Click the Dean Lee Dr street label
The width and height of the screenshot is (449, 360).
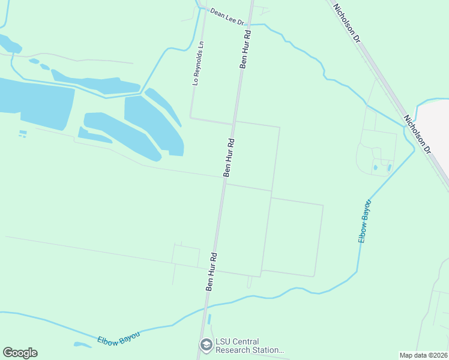[x=227, y=17]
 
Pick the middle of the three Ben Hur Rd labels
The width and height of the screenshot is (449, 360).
[x=229, y=158]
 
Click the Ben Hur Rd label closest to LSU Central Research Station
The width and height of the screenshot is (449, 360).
[x=211, y=271]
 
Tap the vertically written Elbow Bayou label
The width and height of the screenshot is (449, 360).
[x=364, y=221]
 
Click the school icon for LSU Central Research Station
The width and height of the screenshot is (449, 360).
[x=206, y=345]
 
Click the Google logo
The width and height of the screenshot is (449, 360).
[x=20, y=353]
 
